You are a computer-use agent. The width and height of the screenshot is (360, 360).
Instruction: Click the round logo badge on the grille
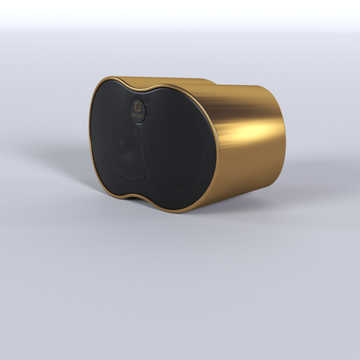pyautogui.click(x=138, y=109)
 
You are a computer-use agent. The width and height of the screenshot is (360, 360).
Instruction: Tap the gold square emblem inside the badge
pyautogui.click(x=138, y=107)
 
